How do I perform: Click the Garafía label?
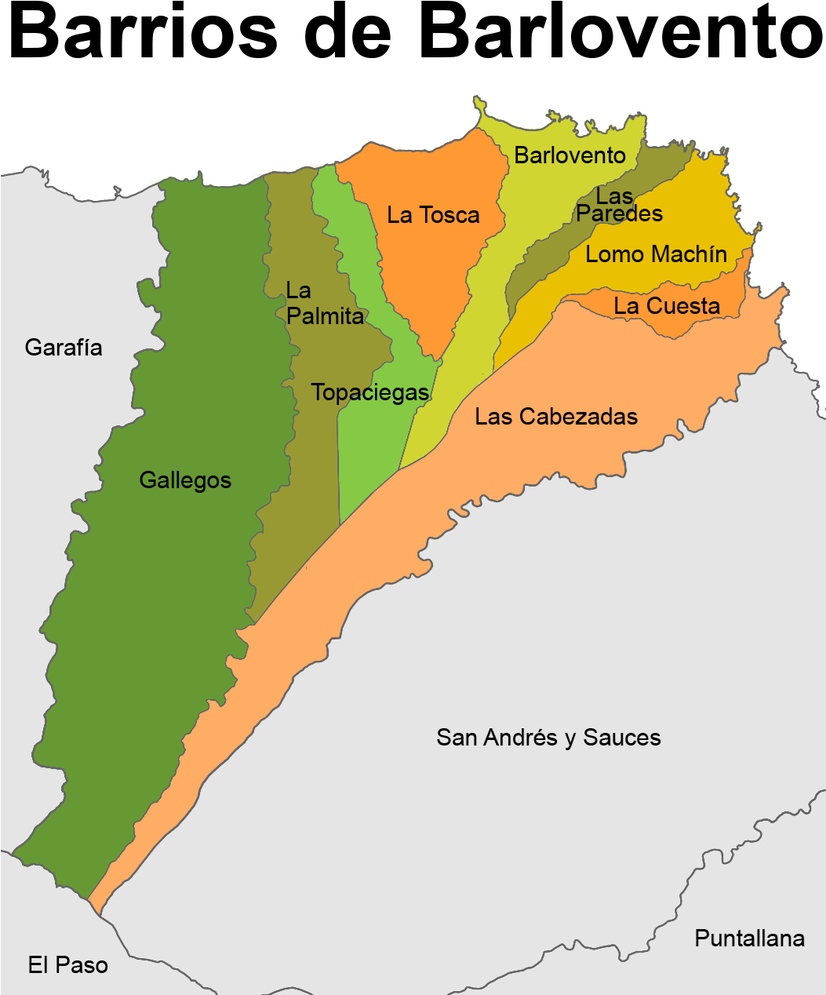coord(64,348)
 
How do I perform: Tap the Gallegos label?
coord(185,480)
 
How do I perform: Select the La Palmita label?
coord(324,304)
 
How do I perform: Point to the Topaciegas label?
coord(369,392)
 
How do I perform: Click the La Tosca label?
coord(433,215)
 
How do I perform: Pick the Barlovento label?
coord(569,155)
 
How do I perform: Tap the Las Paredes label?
coord(619,205)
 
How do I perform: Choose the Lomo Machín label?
coord(656,254)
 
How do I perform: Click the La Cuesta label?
coord(667,306)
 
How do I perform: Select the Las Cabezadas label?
coord(556,417)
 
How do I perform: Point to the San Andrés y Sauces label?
coord(548,738)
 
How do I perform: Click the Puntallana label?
coord(749,939)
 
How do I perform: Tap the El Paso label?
coord(68,965)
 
